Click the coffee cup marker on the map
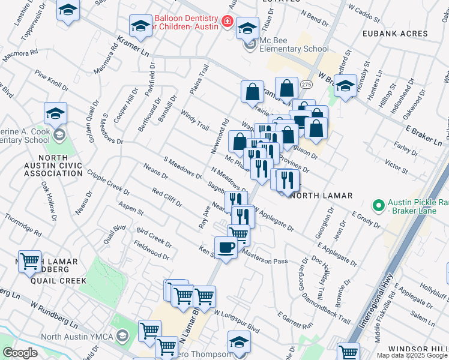(226, 247)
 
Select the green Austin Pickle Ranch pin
(378, 206)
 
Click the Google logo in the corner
(20, 353)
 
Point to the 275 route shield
(306, 86)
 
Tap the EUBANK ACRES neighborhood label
(395, 34)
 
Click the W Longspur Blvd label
(236, 322)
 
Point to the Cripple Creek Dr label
(109, 182)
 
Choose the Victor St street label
(397, 164)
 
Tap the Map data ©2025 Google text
(411, 355)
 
